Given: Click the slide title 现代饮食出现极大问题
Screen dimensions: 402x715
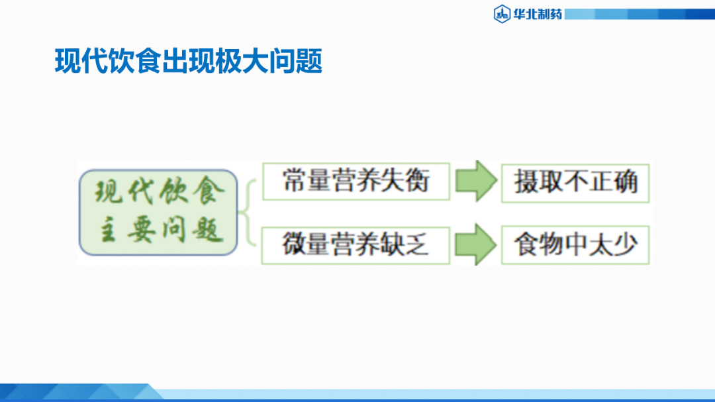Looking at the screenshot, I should pyautogui.click(x=189, y=62).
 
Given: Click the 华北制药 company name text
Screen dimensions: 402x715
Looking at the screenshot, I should pyautogui.click(x=537, y=13).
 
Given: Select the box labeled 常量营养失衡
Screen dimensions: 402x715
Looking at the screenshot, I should pyautogui.click(x=356, y=181).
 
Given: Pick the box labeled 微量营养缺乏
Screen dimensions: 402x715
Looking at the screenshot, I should pyautogui.click(x=356, y=244).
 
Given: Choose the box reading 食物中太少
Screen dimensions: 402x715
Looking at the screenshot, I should pyautogui.click(x=575, y=246).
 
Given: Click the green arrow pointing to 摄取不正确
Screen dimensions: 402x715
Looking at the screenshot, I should pyautogui.click(x=475, y=181).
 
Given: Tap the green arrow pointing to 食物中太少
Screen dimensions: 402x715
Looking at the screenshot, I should pyautogui.click(x=475, y=245).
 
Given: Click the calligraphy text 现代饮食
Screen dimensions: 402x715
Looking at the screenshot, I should pyautogui.click(x=159, y=193).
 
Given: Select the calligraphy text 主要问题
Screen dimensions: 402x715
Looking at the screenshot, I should pyautogui.click(x=159, y=231).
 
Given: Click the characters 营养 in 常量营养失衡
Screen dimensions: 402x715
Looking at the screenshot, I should pyautogui.click(x=357, y=181).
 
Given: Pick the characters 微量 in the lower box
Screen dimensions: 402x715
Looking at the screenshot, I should pyautogui.click(x=307, y=244).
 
